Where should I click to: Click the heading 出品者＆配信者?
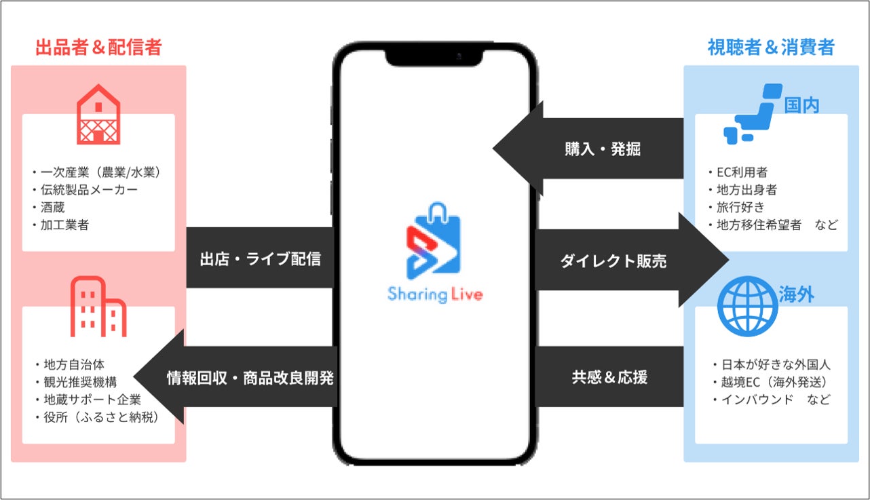click(x=98, y=47)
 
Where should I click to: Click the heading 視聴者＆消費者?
click(x=771, y=47)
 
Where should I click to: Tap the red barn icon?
click(x=98, y=115)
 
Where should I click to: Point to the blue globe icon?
click(x=747, y=307)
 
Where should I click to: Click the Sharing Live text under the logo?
click(x=435, y=294)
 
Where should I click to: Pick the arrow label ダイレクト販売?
click(x=613, y=261)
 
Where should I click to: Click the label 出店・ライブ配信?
click(x=260, y=258)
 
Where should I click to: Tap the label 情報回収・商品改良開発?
click(x=250, y=378)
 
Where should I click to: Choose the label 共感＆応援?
click(x=609, y=378)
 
